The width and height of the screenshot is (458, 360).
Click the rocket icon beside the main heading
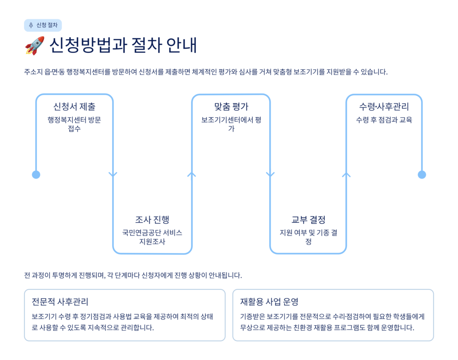pyautogui.click(x=34, y=46)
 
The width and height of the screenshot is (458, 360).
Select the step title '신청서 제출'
pyautogui.click(x=74, y=107)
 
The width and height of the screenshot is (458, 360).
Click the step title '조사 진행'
pyautogui.click(x=152, y=220)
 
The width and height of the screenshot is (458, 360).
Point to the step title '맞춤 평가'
pyautogui.click(x=231, y=107)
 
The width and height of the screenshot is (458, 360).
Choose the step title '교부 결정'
pyautogui.click(x=308, y=220)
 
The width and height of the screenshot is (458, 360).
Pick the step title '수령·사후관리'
pyautogui.click(x=384, y=107)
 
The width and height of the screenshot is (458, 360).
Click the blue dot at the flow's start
pyautogui.click(x=36, y=174)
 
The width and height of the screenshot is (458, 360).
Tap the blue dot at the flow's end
pyautogui.click(x=422, y=174)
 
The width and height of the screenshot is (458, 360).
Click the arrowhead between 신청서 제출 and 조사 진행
pyautogui.click(x=113, y=174)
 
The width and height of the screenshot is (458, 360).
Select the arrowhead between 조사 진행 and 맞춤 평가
pyautogui.click(x=192, y=174)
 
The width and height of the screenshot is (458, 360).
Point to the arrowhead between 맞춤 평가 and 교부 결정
pyautogui.click(x=270, y=174)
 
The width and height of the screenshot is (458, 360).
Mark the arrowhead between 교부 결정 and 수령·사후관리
pyautogui.click(x=346, y=174)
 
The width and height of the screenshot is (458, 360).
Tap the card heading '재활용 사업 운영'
pyautogui.click(x=269, y=301)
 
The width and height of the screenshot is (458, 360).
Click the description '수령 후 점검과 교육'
pyautogui.click(x=384, y=120)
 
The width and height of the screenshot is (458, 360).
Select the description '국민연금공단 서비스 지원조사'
pyautogui.click(x=152, y=237)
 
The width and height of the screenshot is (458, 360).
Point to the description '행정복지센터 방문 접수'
pyautogui.click(x=74, y=124)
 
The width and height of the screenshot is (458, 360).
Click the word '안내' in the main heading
pyautogui.click(x=181, y=46)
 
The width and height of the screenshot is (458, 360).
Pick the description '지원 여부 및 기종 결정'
pyautogui.click(x=308, y=237)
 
